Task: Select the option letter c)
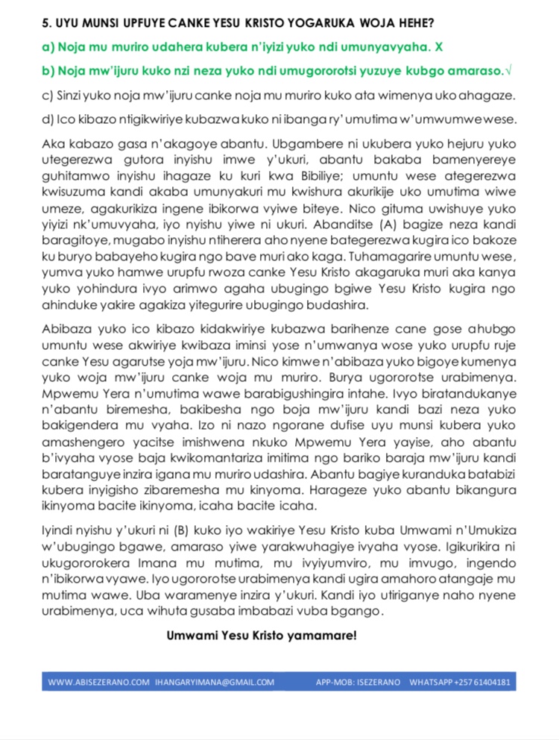48,96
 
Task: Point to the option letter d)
48,120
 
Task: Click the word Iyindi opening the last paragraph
59,532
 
